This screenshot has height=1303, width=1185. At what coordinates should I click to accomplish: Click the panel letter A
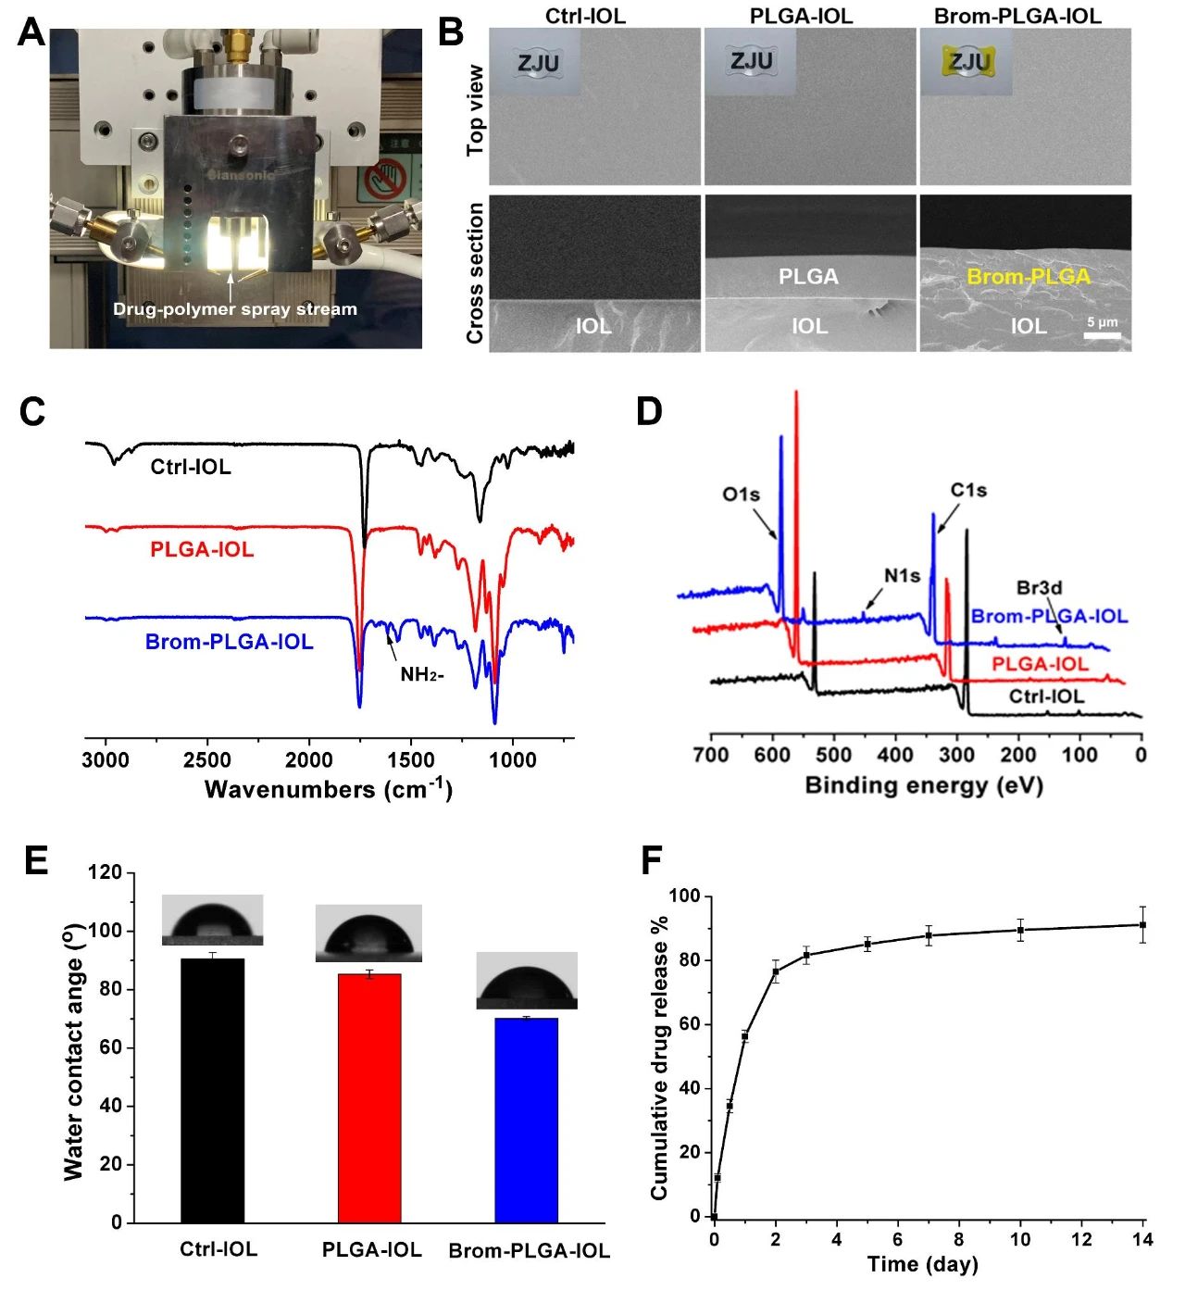(x=31, y=32)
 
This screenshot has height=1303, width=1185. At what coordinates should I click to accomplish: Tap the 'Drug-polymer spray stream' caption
(x=234, y=309)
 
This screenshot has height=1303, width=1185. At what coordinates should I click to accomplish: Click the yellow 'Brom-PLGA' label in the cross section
(x=1029, y=277)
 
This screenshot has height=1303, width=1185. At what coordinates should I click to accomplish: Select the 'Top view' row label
(x=475, y=109)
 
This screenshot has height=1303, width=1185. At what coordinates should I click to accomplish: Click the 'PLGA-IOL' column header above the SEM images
(x=801, y=15)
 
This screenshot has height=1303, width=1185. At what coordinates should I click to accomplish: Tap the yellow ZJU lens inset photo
(x=967, y=62)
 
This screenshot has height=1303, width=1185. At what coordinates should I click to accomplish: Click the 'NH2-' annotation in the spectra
(x=421, y=674)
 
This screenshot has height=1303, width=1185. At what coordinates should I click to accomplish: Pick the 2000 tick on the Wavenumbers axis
(x=308, y=760)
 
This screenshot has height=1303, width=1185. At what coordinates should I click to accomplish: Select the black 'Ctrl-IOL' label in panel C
(x=191, y=467)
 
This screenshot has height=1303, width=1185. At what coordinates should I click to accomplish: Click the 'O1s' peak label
(x=741, y=495)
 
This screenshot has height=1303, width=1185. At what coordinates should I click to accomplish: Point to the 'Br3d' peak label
(x=1039, y=587)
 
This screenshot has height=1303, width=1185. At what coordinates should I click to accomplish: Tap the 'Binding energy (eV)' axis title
(x=923, y=786)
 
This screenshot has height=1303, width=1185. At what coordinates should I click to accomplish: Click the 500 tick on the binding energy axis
(x=833, y=755)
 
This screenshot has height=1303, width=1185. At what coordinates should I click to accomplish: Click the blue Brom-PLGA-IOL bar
(x=526, y=1120)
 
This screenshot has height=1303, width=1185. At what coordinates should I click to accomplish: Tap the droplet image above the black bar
(x=212, y=920)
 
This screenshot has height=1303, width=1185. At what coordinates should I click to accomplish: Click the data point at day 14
(x=1143, y=924)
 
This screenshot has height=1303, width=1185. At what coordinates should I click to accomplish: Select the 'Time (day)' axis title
(x=922, y=1264)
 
